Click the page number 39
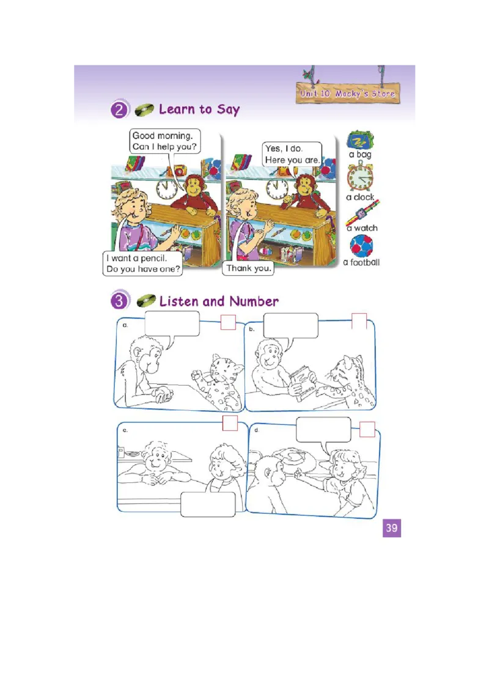[391, 528]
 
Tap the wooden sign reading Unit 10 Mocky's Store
[348, 93]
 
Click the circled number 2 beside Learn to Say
[119, 109]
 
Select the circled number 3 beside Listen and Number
[119, 301]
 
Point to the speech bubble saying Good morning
[165, 141]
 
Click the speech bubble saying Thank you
[248, 268]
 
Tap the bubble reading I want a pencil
[142, 263]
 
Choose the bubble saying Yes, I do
[292, 154]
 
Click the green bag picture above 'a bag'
[360, 140]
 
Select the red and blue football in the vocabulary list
[361, 245]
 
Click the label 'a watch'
[362, 228]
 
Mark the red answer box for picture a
[228, 322]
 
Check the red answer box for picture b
[359, 321]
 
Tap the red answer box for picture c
[230, 423]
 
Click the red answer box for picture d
[367, 429]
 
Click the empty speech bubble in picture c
[208, 504]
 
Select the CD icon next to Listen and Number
[146, 301]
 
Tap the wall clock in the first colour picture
[166, 189]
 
